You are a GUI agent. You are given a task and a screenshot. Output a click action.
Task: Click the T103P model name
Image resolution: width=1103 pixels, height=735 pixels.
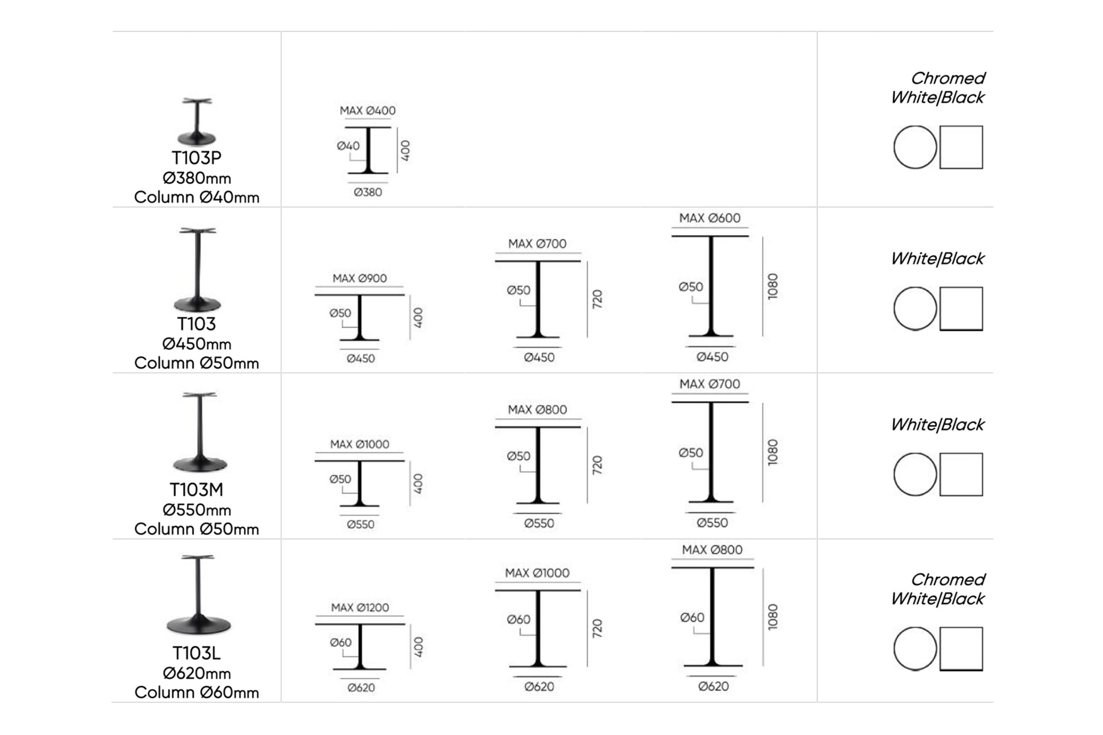click(196, 157)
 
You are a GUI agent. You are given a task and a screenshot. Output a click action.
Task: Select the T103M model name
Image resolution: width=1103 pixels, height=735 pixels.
click(196, 489)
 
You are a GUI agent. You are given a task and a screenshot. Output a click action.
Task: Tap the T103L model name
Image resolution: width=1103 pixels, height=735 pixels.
click(196, 653)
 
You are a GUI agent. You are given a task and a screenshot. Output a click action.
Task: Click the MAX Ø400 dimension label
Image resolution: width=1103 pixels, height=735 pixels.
click(368, 110)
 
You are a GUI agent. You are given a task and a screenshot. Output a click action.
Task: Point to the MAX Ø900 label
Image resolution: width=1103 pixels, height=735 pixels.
click(360, 278)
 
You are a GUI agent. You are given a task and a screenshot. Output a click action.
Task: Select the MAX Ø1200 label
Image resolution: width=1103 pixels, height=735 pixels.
click(360, 607)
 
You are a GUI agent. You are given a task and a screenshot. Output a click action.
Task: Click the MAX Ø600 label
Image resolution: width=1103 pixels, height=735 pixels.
click(710, 218)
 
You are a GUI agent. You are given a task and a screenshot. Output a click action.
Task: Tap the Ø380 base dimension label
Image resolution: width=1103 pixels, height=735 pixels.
click(368, 192)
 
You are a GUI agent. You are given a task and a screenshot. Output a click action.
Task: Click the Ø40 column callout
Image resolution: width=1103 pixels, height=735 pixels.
click(348, 146)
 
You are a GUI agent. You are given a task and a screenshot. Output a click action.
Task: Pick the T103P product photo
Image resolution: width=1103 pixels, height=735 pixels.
click(197, 121)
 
